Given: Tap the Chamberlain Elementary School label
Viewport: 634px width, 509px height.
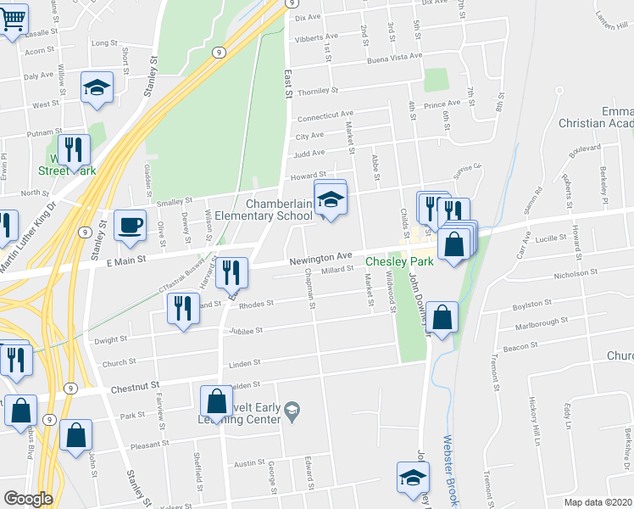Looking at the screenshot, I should pos(279,210).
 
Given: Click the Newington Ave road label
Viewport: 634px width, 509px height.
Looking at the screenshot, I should pos(320,256).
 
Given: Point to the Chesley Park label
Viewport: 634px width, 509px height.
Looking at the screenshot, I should pos(399,261).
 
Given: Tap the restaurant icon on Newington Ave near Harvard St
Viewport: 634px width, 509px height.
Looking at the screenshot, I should pos(231,274).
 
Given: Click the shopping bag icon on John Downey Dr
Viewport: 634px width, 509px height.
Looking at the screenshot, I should pos(442,319).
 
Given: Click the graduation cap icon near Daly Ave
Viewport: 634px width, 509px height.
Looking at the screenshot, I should pos(97,88).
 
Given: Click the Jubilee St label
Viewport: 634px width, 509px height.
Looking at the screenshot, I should pos(247,331).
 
